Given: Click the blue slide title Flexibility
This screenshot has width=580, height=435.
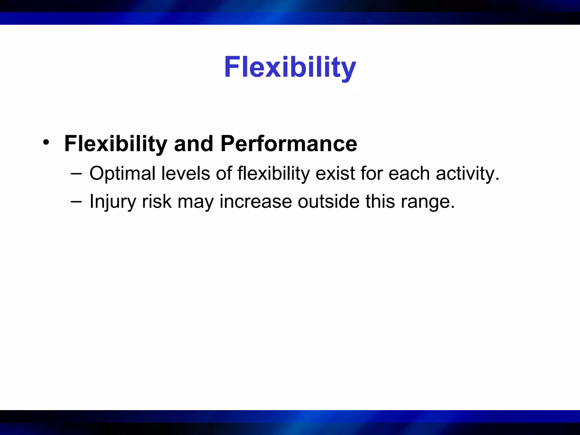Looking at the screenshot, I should [290, 67].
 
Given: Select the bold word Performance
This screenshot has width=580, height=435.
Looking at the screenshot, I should [289, 144].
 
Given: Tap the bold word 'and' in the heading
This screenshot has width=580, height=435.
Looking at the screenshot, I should [193, 144].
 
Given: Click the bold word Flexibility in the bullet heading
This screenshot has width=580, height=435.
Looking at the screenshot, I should [116, 144].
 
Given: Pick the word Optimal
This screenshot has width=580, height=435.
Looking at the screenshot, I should [122, 174].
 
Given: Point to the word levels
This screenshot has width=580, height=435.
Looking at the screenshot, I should [185, 173].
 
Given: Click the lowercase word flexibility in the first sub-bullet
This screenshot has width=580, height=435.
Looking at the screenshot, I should [274, 174].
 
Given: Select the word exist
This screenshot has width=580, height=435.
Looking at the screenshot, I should [335, 173].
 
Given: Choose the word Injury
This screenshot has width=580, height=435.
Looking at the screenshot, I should [113, 202].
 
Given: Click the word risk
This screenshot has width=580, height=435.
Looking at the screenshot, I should [157, 201].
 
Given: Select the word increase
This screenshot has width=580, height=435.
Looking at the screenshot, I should [256, 202].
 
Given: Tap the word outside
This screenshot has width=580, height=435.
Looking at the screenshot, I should [329, 201].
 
